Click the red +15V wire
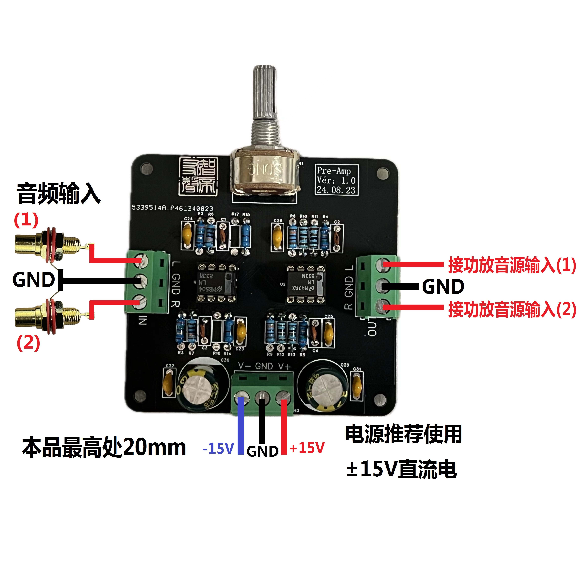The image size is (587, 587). [284, 427]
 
